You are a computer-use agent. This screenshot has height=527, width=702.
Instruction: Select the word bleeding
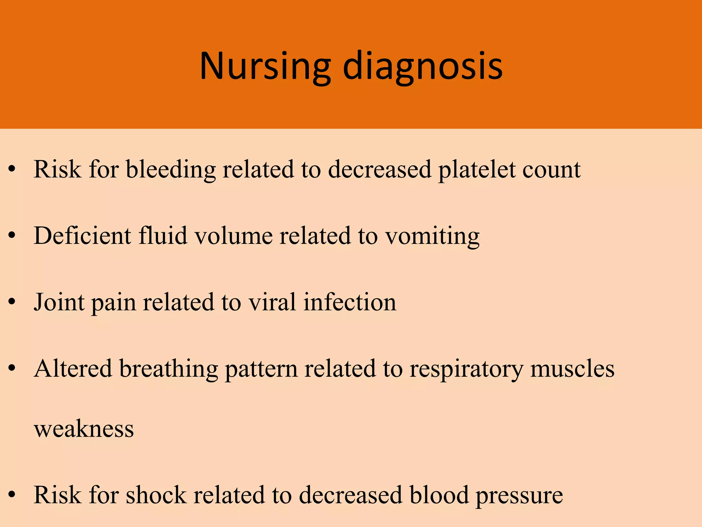coord(171,169)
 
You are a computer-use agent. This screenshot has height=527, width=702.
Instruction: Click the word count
coord(551,170)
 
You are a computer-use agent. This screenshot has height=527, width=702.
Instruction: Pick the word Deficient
coord(82,236)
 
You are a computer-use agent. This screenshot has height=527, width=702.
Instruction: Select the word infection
coord(350,303)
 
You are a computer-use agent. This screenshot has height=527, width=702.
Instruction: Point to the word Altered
coord(73,369)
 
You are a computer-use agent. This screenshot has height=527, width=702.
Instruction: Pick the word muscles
coord(572,369)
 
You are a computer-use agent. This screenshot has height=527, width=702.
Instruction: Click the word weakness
coord(84,429)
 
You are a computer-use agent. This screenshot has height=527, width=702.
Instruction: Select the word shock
coord(156,495)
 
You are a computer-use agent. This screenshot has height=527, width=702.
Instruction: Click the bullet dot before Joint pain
coord(12,302)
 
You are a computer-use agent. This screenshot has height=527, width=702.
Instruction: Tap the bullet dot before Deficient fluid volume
coord(12,235)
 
